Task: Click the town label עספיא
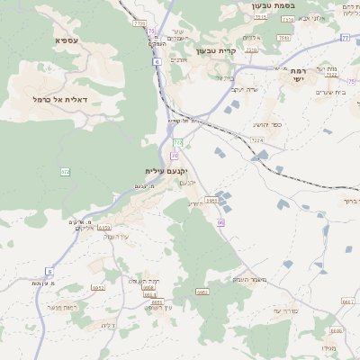(65, 40)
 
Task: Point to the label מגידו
(329, 347)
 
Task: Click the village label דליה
(109, 325)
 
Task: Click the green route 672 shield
(66, 171)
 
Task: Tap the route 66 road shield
(220, 220)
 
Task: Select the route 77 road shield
(345, 38)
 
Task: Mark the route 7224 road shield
(258, 140)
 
